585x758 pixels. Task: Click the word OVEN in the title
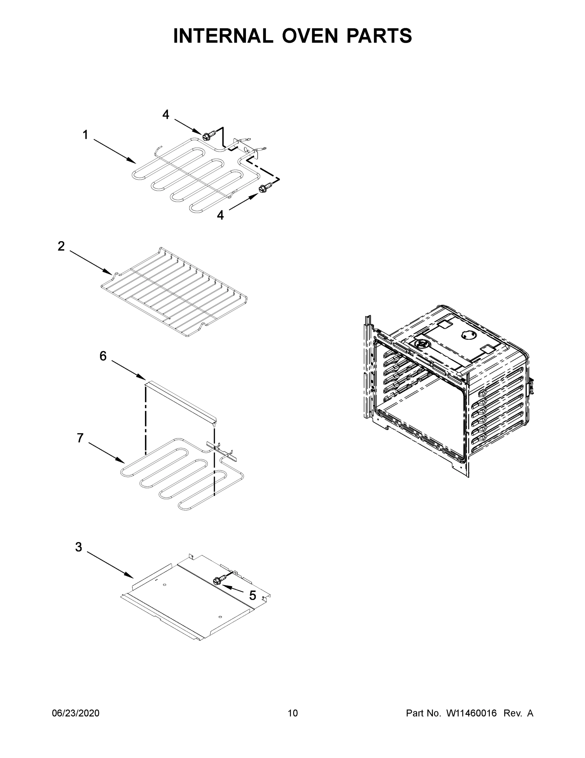(309, 36)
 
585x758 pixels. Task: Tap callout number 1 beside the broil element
(85, 135)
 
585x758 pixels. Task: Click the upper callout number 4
(166, 114)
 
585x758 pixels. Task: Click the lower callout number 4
(220, 215)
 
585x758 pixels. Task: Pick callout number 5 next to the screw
(253, 596)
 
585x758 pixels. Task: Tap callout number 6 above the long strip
(103, 356)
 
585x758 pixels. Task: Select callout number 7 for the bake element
(80, 438)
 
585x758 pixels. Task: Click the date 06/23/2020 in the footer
(76, 713)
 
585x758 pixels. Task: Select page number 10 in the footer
(293, 713)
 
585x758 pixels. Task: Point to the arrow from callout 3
(110, 565)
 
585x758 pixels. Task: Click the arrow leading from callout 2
(91, 261)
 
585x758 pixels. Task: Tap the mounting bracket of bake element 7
(222, 450)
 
